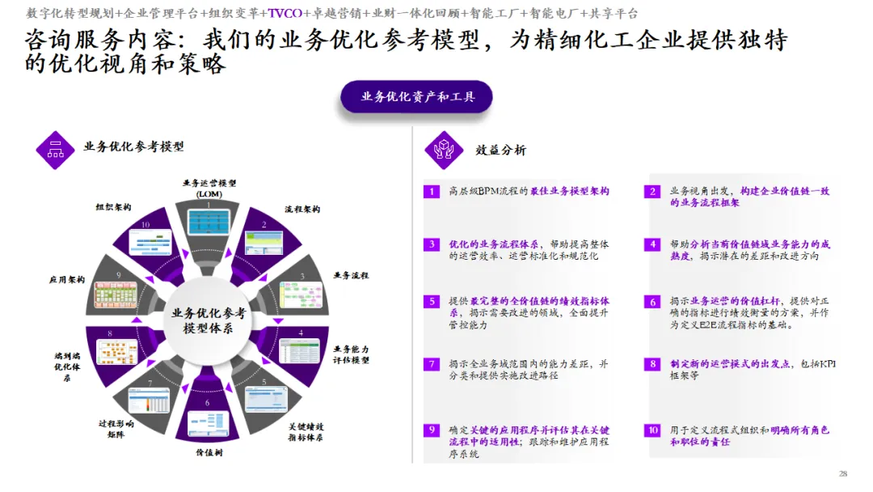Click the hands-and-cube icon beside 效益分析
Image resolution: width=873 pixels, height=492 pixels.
click(x=444, y=150)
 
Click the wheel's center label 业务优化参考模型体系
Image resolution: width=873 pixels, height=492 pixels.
click(x=208, y=320)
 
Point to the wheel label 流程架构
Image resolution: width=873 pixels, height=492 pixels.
click(x=302, y=209)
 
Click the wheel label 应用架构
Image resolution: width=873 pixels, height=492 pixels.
click(x=67, y=279)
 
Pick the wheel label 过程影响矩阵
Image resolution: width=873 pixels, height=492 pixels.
click(x=116, y=429)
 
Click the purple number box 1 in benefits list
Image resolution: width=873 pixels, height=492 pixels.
click(x=432, y=192)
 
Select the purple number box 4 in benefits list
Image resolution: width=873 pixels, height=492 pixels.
click(x=652, y=244)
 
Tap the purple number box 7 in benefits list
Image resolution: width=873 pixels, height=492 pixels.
click(x=432, y=364)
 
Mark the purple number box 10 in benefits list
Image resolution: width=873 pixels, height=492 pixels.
click(x=652, y=430)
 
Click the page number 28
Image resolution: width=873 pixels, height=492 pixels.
click(x=843, y=473)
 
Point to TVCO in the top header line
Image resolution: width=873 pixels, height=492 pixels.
click(x=285, y=13)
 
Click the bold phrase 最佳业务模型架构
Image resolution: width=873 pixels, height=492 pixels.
click(x=570, y=192)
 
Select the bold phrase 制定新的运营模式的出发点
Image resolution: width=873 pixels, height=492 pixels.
click(x=731, y=364)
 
